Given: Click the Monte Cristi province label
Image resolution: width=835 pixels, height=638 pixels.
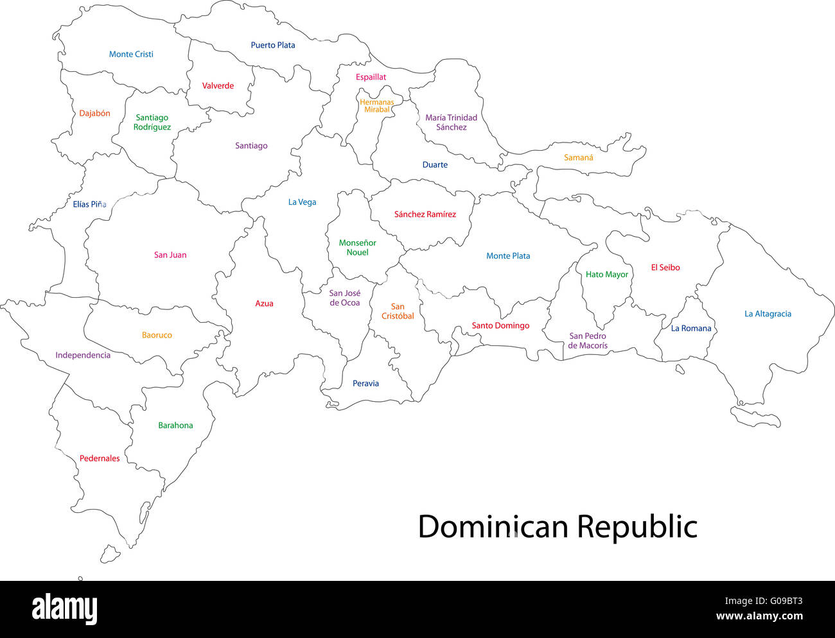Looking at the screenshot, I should [131, 55].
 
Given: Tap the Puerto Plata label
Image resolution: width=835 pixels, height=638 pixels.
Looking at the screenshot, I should [273, 45].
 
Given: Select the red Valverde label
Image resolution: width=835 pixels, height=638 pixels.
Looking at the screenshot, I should [218, 85].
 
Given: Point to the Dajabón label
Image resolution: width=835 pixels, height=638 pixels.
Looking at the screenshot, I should [94, 114].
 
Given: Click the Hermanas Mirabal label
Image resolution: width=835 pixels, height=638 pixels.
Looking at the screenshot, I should [376, 106].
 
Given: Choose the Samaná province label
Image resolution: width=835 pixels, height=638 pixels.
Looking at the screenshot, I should [578, 157].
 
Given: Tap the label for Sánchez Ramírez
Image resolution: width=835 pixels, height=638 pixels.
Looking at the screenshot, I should [425, 214].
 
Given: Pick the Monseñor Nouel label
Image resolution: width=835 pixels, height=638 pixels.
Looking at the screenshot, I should [357, 248].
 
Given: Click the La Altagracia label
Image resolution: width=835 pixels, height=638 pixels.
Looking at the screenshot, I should [768, 314].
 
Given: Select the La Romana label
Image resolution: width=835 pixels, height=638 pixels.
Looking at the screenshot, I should [691, 328].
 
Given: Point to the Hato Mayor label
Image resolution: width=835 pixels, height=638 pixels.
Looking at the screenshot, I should [606, 274].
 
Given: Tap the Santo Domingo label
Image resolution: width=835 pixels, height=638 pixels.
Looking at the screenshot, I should [500, 325].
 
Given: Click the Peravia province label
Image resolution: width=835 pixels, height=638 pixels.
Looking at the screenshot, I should [365, 383].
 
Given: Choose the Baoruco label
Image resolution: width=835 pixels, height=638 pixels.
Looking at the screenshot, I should [157, 335].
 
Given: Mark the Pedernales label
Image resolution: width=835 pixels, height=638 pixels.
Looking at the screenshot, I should [100, 458].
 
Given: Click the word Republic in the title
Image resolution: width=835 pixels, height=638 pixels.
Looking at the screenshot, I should [637, 527].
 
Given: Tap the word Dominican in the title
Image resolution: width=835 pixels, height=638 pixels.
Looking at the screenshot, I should [493, 527].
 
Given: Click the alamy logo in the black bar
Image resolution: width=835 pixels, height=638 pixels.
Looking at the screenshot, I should [64, 609].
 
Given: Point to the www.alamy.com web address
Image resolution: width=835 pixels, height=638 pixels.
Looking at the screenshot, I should [759, 617].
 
